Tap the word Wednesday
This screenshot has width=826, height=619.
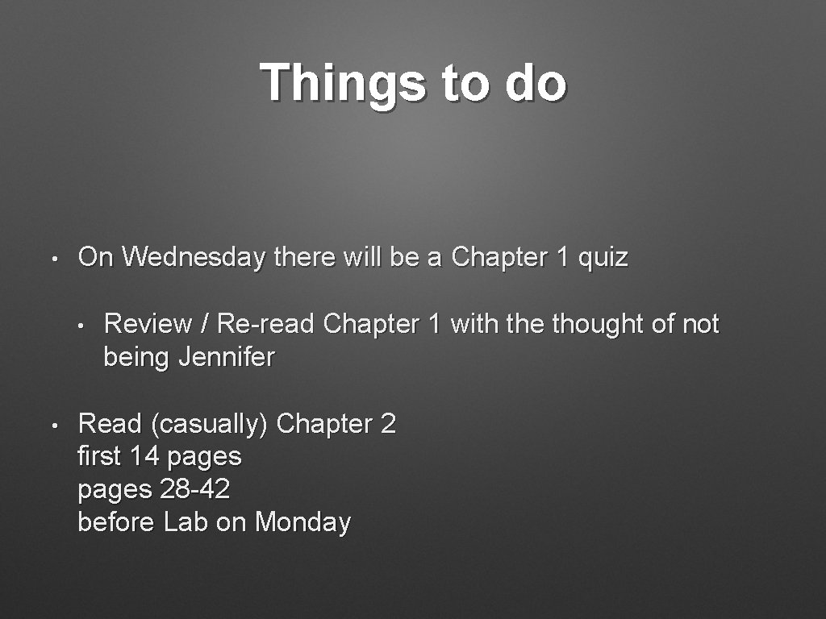click(x=194, y=258)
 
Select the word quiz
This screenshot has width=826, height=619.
click(x=603, y=258)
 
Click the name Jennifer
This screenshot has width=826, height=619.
click(x=227, y=357)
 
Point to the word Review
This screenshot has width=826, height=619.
click(x=148, y=324)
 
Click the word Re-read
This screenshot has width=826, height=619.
click(x=265, y=324)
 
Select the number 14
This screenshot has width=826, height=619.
click(x=144, y=457)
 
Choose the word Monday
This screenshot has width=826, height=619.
click(x=302, y=522)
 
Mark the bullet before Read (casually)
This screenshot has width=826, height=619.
click(x=52, y=425)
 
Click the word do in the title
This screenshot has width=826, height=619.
click(x=536, y=83)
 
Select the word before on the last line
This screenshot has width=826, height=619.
click(x=116, y=522)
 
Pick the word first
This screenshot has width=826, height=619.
click(x=98, y=457)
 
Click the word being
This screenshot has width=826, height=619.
click(x=137, y=357)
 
